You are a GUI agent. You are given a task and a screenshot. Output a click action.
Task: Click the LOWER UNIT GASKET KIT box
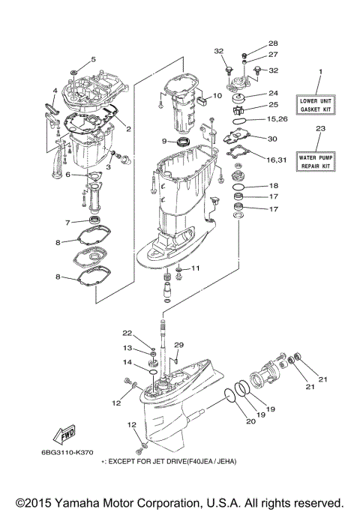click(319, 104)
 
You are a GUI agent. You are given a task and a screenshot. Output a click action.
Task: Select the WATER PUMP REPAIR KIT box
click(319, 160)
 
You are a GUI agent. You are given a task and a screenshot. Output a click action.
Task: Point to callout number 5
click(94, 59)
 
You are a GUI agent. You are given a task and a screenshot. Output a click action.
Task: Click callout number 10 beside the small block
click(217, 96)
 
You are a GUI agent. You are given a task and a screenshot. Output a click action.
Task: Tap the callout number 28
click(251, 43)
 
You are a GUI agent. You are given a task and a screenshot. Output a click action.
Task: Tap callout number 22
click(127, 333)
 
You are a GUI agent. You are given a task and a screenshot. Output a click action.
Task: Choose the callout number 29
click(178, 344)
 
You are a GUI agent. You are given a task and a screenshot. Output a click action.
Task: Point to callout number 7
click(67, 222)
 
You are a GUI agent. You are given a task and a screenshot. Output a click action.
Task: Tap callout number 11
click(196, 268)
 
